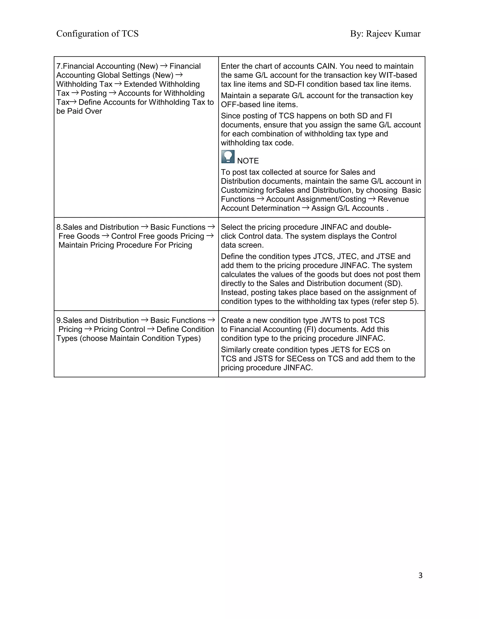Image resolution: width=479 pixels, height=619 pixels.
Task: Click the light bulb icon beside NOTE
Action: [x=228, y=157]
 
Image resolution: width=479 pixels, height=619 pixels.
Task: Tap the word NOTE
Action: [x=248, y=161]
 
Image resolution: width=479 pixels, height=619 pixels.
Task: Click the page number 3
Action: [x=420, y=575]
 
